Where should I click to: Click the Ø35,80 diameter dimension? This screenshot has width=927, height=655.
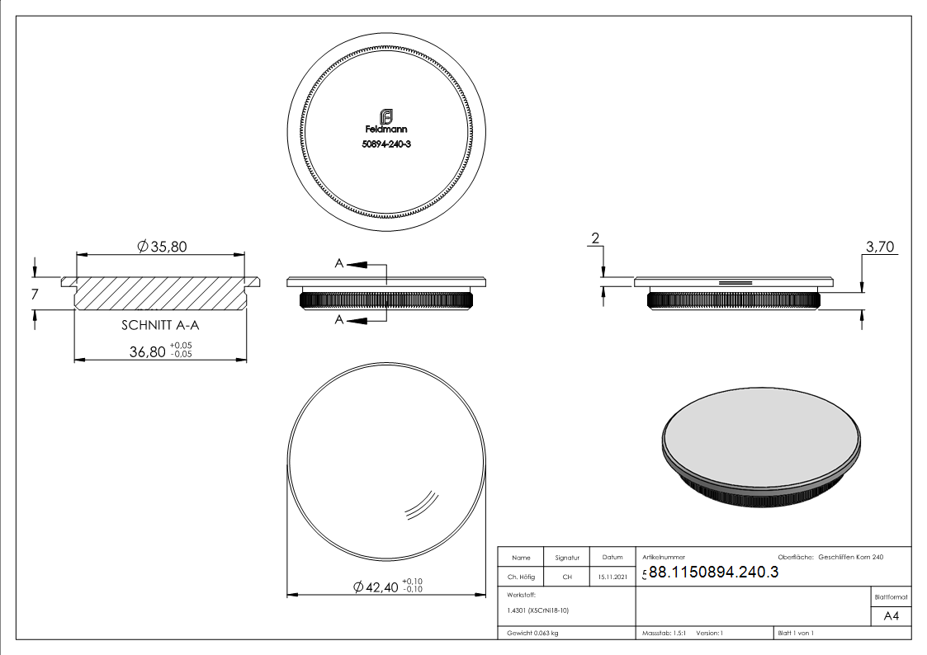pos(162,247)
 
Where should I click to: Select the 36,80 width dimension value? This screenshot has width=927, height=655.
pos(148,352)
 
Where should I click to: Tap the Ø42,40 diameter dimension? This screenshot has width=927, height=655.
pos(376,587)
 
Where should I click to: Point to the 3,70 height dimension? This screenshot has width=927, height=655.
pos(880,247)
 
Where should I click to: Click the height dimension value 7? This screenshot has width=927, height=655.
pos(35,295)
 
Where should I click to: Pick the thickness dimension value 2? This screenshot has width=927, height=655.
pos(595,238)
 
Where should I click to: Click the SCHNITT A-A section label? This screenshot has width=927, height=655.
pos(160,325)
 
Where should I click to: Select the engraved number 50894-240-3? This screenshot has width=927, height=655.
pos(386,144)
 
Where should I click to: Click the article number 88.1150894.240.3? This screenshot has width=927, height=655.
pos(713,573)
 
